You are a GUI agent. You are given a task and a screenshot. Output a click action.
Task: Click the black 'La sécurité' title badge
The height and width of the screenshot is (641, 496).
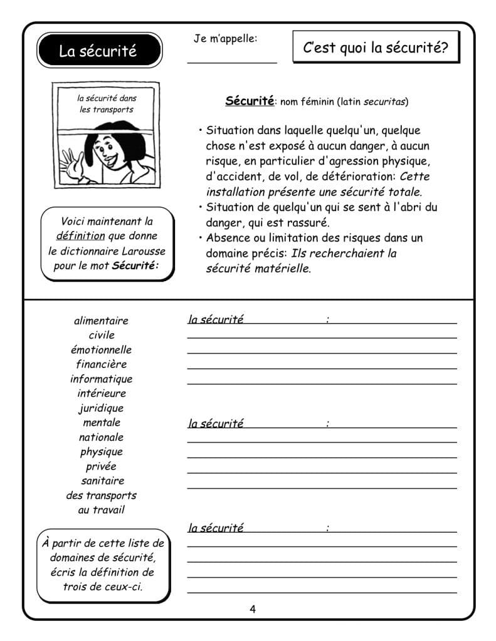coord(98,51)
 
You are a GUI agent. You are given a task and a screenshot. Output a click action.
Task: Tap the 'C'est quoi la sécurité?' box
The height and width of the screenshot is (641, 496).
coord(375,48)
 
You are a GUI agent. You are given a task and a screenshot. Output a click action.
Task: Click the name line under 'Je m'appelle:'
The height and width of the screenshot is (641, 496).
coord(231,61)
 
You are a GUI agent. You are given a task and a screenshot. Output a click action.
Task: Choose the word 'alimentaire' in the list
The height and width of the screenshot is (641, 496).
coord(101,320)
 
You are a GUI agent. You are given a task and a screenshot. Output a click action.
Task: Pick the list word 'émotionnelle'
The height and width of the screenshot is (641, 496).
coord(101,349)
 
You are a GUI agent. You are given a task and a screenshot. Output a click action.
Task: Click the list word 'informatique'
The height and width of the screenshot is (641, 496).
coord(101,379)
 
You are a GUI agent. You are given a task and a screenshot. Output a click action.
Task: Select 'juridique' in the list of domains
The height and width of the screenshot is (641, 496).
coord(101,408)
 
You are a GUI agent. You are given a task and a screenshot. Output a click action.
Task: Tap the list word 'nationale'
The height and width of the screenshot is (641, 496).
coord(101,437)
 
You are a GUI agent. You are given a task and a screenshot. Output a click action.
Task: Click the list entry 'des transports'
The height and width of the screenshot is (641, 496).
coord(101,495)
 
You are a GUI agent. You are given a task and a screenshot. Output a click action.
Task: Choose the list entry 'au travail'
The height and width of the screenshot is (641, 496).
coord(101,510)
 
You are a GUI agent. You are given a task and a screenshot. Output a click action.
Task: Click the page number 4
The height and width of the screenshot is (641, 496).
coord(253,609)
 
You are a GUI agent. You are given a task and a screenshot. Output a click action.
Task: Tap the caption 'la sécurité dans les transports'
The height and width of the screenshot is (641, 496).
coord(107,103)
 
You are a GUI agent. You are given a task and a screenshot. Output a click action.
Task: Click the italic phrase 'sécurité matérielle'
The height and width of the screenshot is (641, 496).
coord(258,269)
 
